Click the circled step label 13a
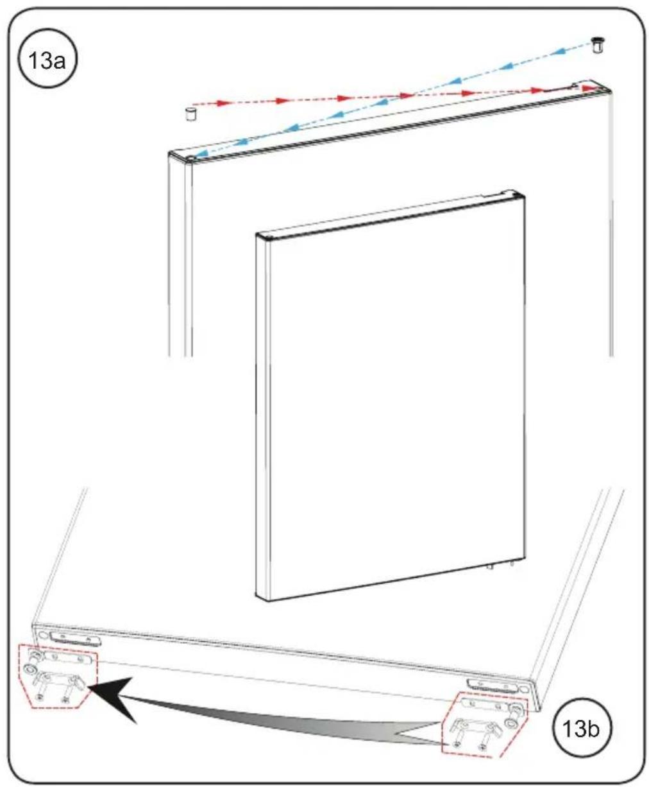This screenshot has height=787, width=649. (47, 60)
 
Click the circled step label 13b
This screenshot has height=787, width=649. (582, 729)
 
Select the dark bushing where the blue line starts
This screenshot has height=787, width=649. (596, 45)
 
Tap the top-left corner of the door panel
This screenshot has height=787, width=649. (256, 234)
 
